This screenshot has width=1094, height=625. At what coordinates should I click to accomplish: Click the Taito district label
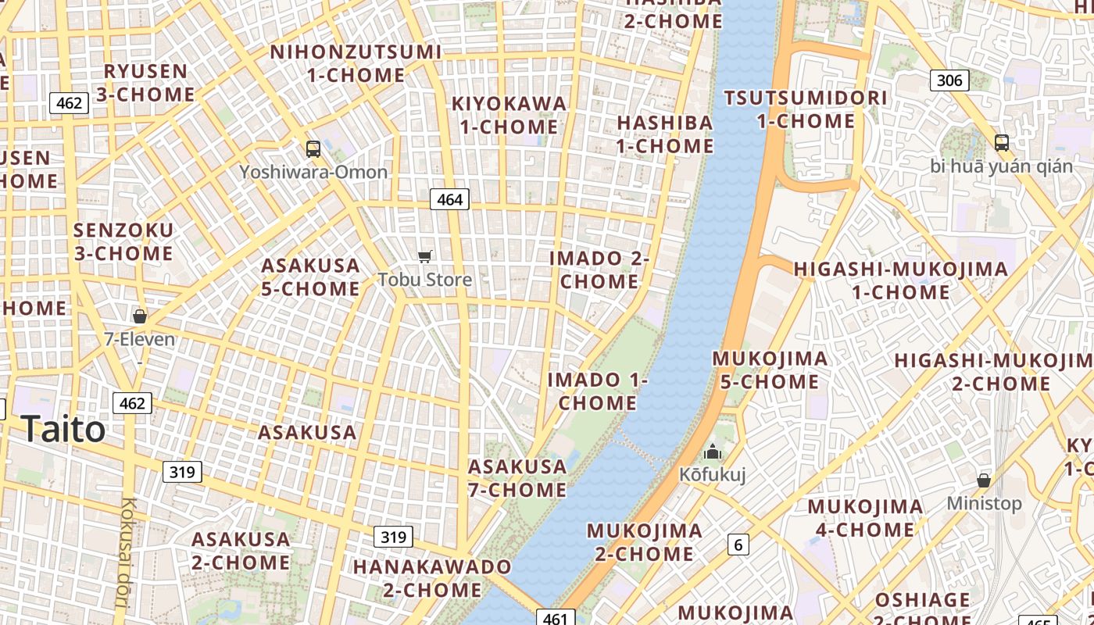coord(63,430)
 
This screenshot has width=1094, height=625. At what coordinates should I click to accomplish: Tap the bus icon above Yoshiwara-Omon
coord(313,148)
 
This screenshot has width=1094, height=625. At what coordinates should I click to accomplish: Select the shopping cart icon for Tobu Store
coord(425,256)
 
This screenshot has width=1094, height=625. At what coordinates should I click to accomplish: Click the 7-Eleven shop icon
coord(140,316)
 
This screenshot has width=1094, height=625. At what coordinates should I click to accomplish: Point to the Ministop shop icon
coord(984,480)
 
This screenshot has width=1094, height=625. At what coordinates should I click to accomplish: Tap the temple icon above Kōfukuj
coord(712,452)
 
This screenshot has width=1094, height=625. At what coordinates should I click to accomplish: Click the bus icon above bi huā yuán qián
coord(1002,142)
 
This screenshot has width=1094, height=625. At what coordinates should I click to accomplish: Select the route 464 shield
coord(450,199)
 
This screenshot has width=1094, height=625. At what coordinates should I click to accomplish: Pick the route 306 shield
coord(949,80)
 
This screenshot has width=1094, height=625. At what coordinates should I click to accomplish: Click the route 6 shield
coord(738,545)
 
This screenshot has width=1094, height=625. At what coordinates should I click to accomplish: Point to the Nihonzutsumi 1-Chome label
coord(356,64)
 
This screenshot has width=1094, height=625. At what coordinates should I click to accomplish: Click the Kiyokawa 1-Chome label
coord(509,115)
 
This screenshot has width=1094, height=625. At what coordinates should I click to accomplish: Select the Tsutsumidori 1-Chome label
coord(806,109)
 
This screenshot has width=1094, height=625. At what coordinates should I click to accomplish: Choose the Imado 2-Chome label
coord(599,270)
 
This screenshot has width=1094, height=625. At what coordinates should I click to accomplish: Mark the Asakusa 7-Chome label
coord(517,478)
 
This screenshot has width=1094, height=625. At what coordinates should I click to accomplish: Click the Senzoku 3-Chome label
coord(123,241)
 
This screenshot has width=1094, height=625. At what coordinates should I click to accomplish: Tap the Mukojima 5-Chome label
coord(770,370)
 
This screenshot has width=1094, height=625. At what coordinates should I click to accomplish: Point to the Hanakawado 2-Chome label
coord(432,578)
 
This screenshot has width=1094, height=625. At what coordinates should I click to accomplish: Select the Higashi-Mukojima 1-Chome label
coord(900,280)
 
